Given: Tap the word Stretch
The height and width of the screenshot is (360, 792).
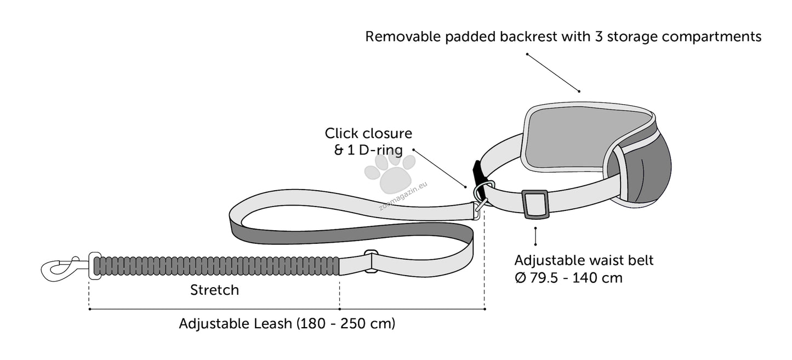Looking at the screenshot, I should coord(214,290).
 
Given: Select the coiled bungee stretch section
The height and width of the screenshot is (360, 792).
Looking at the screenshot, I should coord(216,266).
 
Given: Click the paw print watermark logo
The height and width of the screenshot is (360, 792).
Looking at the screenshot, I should coord(390,172).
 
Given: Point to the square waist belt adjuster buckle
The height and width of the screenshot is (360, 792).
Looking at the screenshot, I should coord(535,204).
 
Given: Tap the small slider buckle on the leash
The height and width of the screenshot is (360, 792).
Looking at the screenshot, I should coord(371,261).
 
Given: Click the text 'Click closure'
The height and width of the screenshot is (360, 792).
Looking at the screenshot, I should coord(368,133).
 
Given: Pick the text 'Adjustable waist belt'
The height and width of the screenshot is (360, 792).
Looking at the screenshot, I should coord(584,260).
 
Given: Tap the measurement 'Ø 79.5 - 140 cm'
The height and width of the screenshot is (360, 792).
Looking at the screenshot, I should coord(568,278).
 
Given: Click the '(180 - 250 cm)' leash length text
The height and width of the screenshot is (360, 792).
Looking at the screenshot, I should coord(345,323).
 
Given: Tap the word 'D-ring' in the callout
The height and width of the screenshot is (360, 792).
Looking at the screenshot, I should coord(381,150).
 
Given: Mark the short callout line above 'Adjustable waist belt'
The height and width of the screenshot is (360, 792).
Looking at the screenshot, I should coord(535,236).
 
